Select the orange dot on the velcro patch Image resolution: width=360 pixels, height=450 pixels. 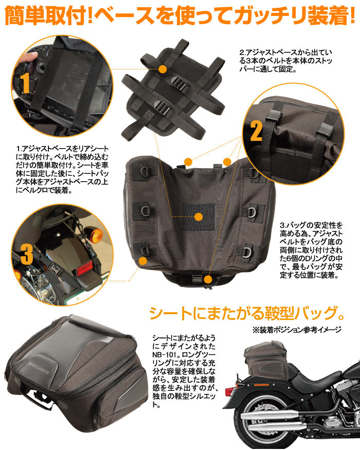(x=199, y=218)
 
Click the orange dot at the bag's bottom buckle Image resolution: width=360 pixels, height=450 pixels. (x=207, y=279)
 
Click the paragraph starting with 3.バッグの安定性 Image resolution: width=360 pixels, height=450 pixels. (x=312, y=250)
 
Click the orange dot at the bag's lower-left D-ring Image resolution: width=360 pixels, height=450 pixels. (x=143, y=260)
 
